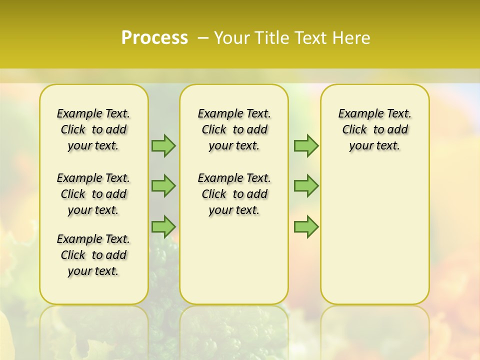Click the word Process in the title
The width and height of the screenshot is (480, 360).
[x=154, y=38]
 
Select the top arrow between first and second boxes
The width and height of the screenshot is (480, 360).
[x=163, y=145]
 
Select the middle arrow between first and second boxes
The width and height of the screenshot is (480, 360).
[x=163, y=185]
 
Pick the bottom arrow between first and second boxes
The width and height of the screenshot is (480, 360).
[x=163, y=226]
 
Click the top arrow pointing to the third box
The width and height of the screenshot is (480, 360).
[x=305, y=145]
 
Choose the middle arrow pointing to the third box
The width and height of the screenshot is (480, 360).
[x=305, y=185]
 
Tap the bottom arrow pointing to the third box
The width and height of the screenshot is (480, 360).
[x=305, y=226]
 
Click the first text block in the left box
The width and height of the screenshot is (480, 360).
[x=93, y=129]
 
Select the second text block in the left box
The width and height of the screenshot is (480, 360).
[x=93, y=194]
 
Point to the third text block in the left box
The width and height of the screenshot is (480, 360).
[x=93, y=255]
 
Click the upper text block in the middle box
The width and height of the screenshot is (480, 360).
[x=234, y=129]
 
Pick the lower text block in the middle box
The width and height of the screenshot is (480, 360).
[x=234, y=194]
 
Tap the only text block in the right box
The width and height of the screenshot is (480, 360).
[x=374, y=129]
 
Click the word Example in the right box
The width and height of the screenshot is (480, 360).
[x=356, y=113]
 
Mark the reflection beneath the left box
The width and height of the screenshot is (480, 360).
[x=93, y=330]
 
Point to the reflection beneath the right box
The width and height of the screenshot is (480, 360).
[x=374, y=330]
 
